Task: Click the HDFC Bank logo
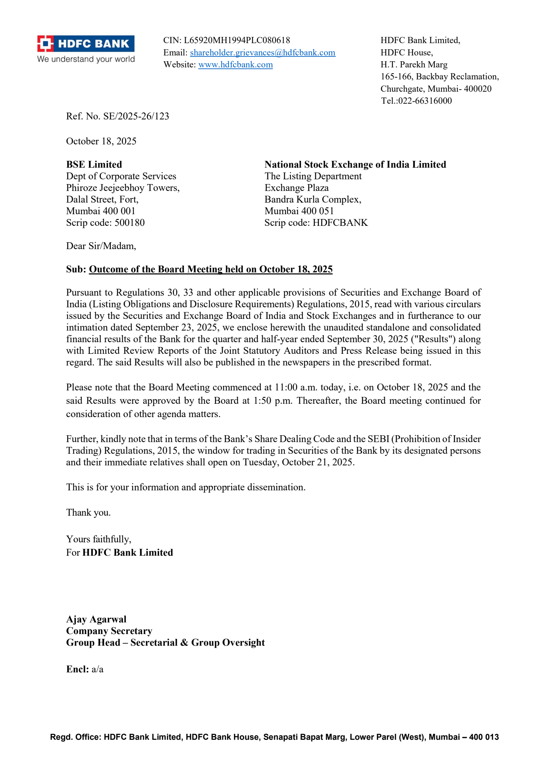coord(86,49)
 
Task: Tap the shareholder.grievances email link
coord(262,53)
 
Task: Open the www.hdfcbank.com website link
coord(235,65)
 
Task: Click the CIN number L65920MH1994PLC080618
coord(237,40)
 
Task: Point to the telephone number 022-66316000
coord(425,101)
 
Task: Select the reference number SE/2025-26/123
coord(136,116)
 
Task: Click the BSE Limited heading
coord(94,165)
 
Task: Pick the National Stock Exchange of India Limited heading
coord(355,165)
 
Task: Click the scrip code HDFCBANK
coord(340,223)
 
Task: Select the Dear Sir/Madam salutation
coord(101,246)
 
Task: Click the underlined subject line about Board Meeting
coord(211,269)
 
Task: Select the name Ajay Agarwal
coord(96,619)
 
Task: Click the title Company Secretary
coord(109,631)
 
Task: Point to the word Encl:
coord(78,669)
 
